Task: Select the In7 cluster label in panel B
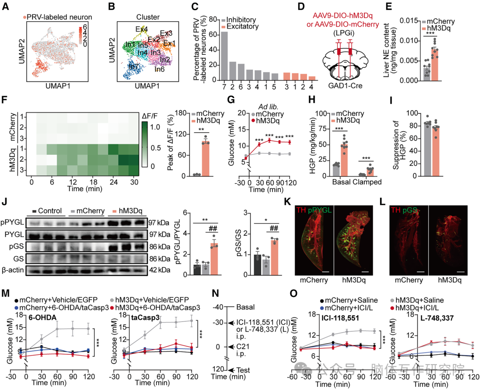coord(133,66)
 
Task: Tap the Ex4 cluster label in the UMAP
coord(142,29)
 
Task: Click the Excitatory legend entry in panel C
coord(243,28)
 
